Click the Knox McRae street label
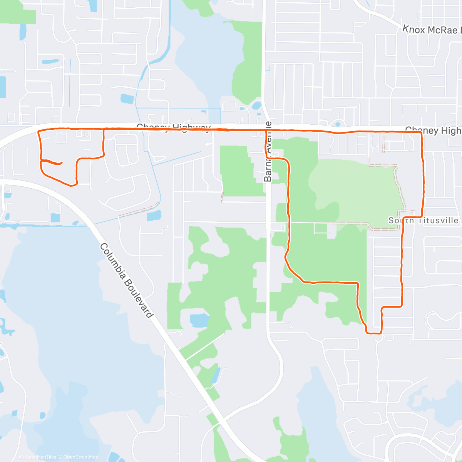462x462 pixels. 431,30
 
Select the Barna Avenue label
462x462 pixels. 268,152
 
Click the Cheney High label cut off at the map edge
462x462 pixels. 433,131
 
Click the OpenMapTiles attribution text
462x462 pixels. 40,457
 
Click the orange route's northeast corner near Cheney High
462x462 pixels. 421,132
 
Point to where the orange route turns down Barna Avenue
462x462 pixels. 266,131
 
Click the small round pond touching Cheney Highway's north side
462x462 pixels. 338,124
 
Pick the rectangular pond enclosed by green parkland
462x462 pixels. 199,320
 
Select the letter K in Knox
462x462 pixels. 405,28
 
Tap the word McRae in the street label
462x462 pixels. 442,30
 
